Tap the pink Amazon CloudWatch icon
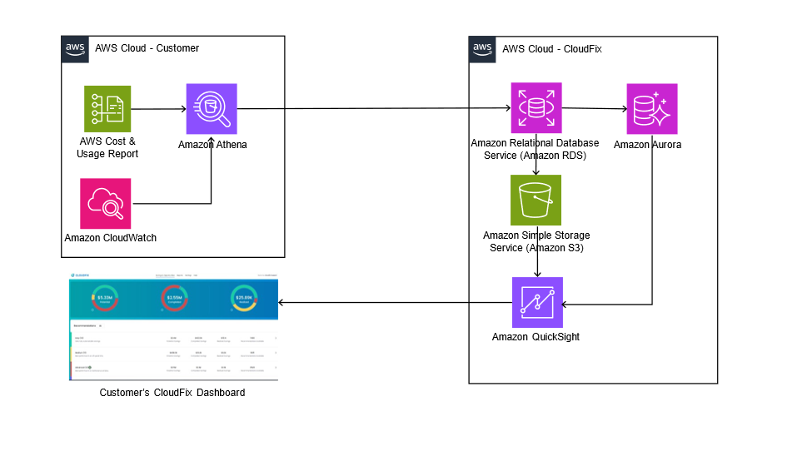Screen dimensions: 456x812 click(106, 203)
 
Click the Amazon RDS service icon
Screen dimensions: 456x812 click(536, 109)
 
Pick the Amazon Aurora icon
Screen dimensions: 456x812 click(652, 109)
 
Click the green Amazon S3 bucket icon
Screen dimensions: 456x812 click(536, 201)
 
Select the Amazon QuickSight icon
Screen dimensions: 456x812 click(536, 303)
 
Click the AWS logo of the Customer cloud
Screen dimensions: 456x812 click(75, 48)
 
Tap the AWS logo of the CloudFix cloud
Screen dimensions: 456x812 click(482, 48)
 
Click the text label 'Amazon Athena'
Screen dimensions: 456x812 click(212, 145)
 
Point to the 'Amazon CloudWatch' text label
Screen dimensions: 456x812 click(111, 238)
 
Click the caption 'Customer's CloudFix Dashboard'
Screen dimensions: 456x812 click(172, 392)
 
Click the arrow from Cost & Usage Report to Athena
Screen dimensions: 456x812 click(158, 109)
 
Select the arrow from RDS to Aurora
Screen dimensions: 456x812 click(595, 109)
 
